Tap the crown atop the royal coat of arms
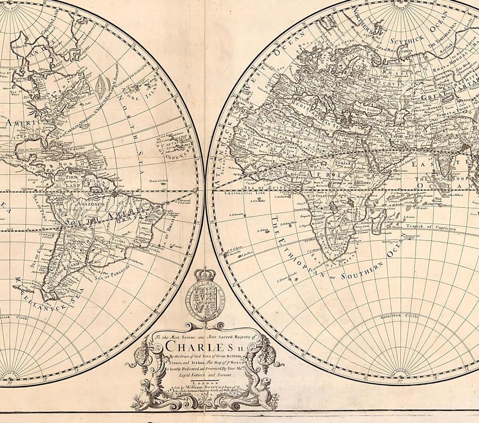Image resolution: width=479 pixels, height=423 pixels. coord(204,274)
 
